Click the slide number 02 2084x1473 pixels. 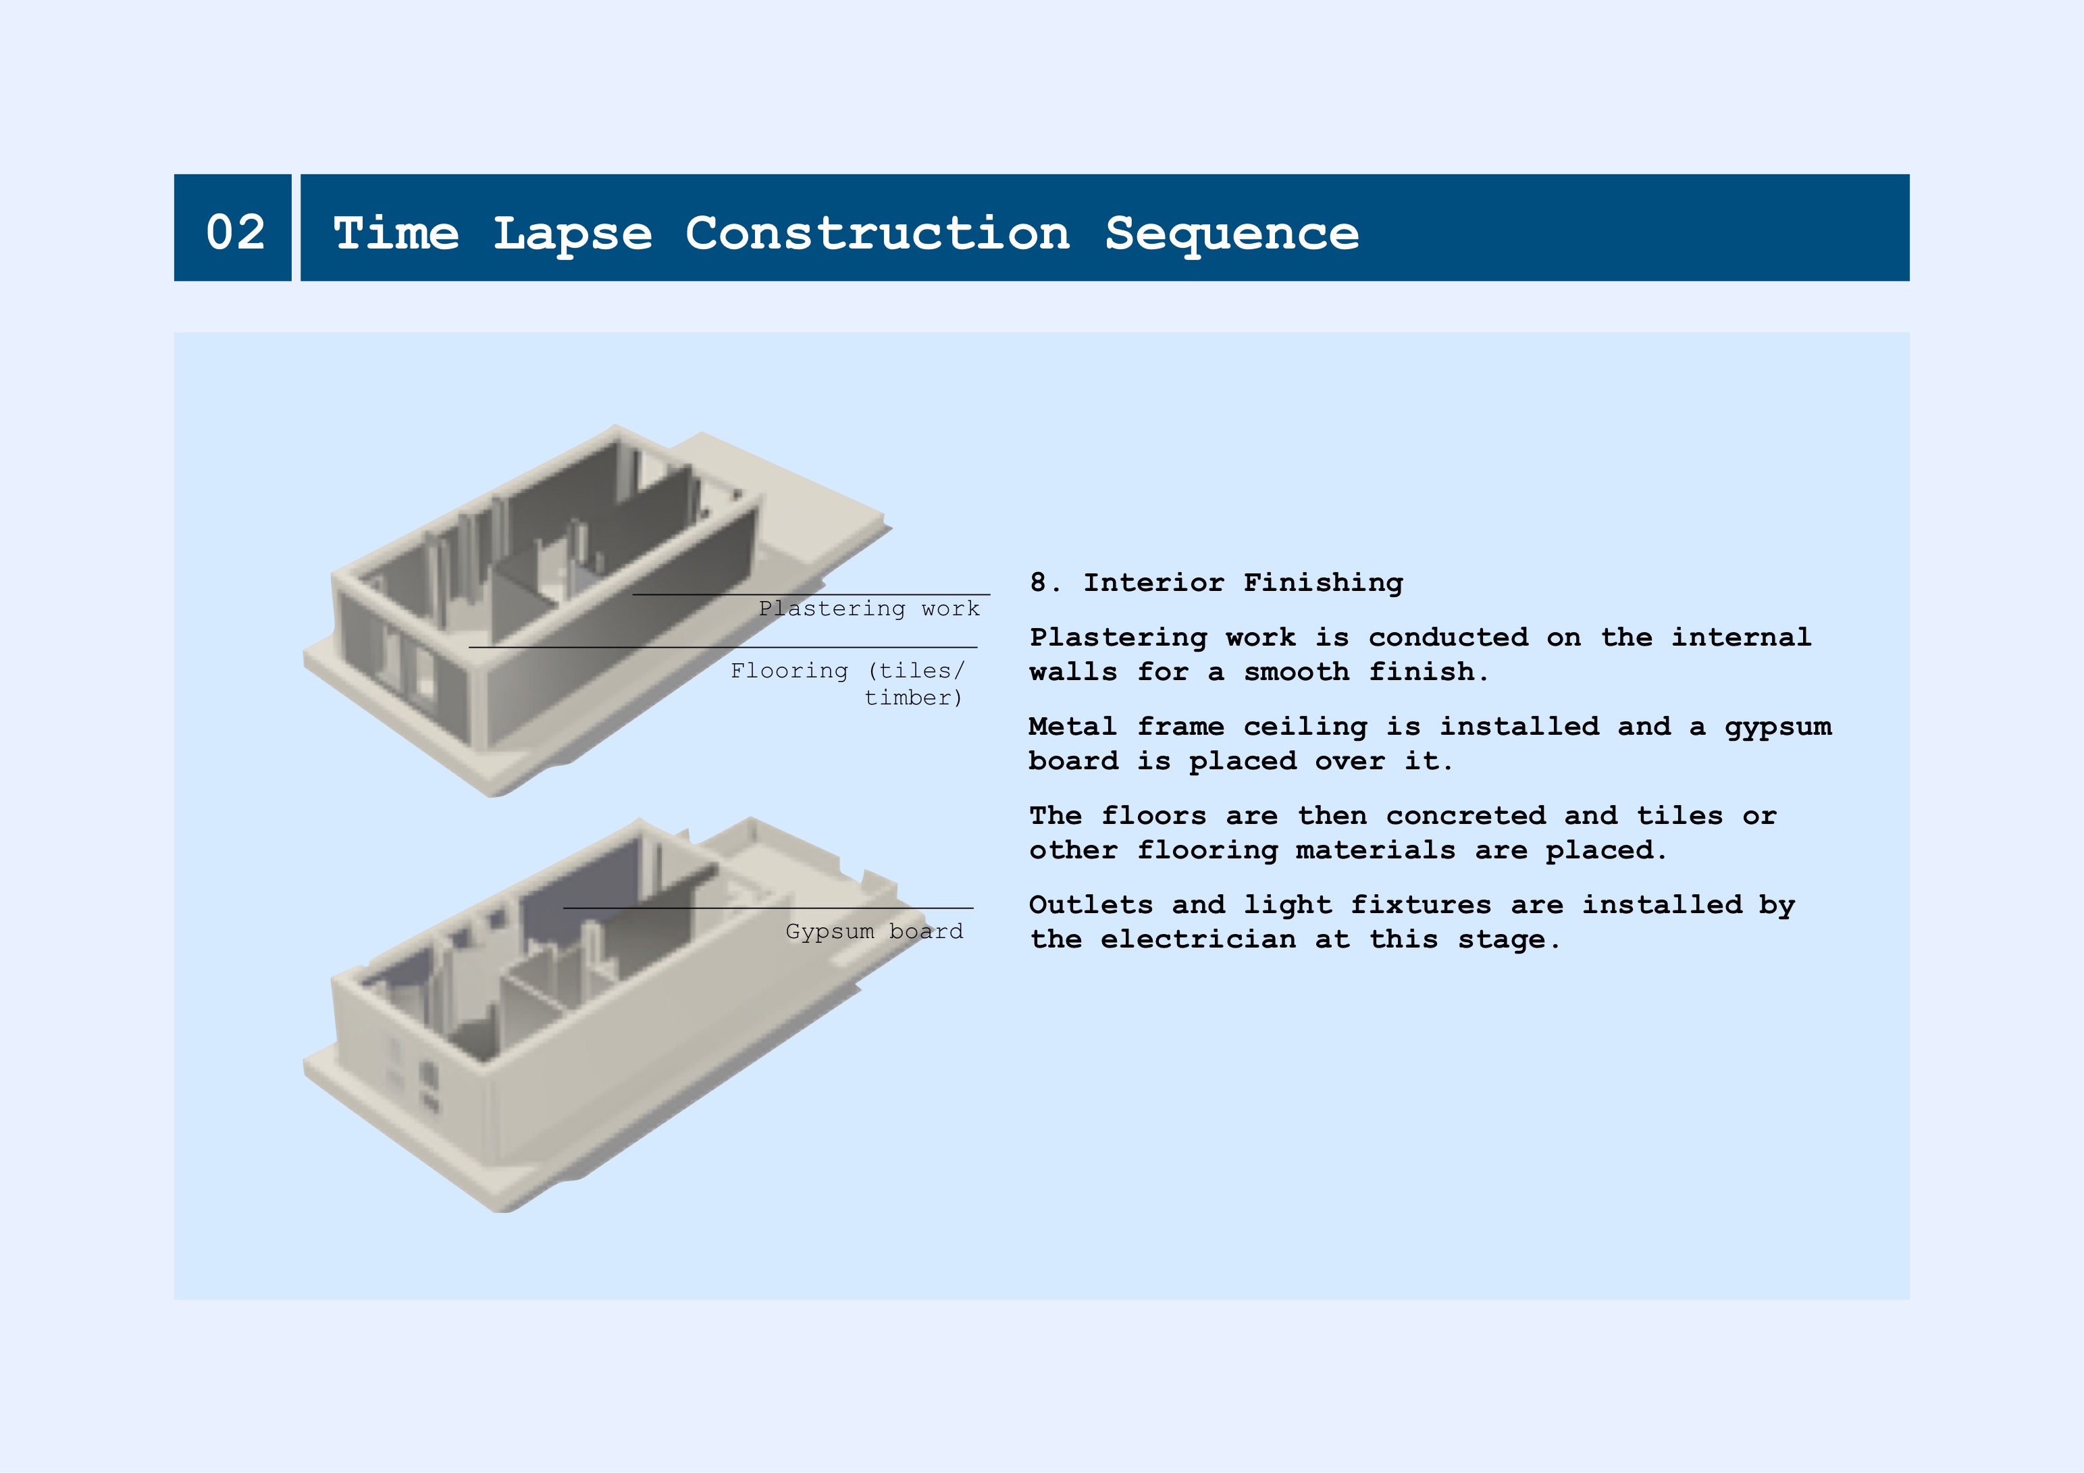pyautogui.click(x=236, y=232)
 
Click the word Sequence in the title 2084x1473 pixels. pyautogui.click(x=1232, y=235)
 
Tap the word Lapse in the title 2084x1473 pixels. pyautogui.click(x=573, y=235)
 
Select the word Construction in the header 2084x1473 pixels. pyautogui.click(x=878, y=233)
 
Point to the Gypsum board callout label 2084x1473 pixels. pyautogui.click(x=874, y=931)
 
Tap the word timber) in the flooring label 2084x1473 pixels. pyautogui.click(x=913, y=698)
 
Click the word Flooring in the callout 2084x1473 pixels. pyautogui.click(x=789, y=671)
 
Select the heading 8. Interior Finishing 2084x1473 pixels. pyautogui.click(x=1216, y=583)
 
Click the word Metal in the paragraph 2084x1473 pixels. pyautogui.click(x=1073, y=726)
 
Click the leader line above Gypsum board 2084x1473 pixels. pyautogui.click(x=768, y=908)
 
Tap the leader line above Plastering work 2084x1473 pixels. pyautogui.click(x=812, y=594)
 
